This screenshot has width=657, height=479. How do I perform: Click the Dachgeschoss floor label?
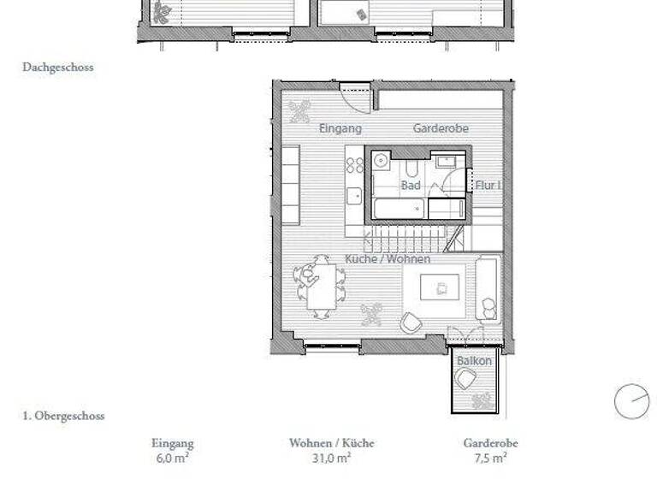coord(58,67)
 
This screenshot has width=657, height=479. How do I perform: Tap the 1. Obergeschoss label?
coord(63,417)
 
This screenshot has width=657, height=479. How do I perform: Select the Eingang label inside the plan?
coord(340,128)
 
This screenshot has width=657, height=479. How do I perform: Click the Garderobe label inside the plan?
coord(441,128)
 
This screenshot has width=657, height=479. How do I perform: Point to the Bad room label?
coord(410,185)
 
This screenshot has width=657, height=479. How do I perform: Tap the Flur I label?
coord(488,185)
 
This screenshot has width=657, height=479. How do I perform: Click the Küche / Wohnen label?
coord(388,258)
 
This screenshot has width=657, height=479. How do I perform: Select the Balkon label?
coord(473,361)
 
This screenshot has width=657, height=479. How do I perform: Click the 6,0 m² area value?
coord(173,458)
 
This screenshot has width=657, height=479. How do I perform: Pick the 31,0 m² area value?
coord(331,458)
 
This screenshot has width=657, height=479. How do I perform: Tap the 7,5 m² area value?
coord(490,458)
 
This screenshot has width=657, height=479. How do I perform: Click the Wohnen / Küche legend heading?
coord(331,443)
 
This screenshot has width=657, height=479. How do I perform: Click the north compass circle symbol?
coord(631,402)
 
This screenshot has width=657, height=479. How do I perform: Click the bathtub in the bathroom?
coord(397,208)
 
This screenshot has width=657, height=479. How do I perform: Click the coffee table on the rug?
coord(441,287)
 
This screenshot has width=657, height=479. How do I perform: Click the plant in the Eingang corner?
coord(299,110)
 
